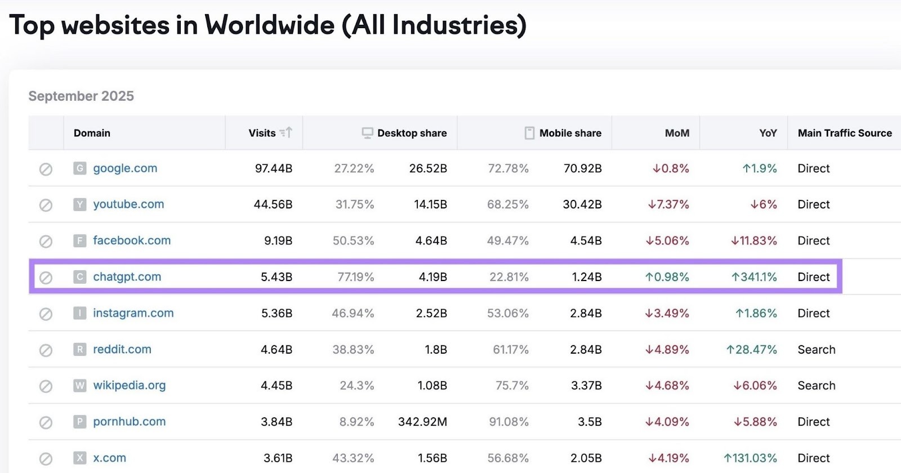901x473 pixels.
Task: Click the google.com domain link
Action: point(125,168)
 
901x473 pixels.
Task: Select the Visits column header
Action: point(262,133)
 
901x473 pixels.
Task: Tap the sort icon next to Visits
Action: point(286,133)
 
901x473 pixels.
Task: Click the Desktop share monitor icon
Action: point(367,133)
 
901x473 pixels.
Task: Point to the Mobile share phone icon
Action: point(529,133)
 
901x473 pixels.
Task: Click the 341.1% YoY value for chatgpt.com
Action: point(754,277)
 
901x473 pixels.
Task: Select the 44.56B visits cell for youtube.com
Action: point(273,204)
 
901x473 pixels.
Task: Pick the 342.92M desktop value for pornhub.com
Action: point(422,422)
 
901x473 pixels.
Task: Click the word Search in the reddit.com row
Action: point(816,350)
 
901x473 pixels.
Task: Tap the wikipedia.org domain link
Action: point(130,386)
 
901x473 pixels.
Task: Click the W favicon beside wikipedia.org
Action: point(80,386)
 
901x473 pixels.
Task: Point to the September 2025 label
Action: point(81,96)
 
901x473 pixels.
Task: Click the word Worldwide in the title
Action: point(269,25)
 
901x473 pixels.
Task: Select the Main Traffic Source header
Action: point(845,133)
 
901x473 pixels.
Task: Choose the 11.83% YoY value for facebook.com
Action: point(754,241)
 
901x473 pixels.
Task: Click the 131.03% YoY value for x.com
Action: point(750,458)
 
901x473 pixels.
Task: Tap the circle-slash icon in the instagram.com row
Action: point(46,314)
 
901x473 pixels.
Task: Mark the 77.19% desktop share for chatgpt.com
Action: point(355,277)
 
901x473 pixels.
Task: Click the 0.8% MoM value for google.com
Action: point(671,168)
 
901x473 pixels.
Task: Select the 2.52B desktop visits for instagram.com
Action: point(431,313)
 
